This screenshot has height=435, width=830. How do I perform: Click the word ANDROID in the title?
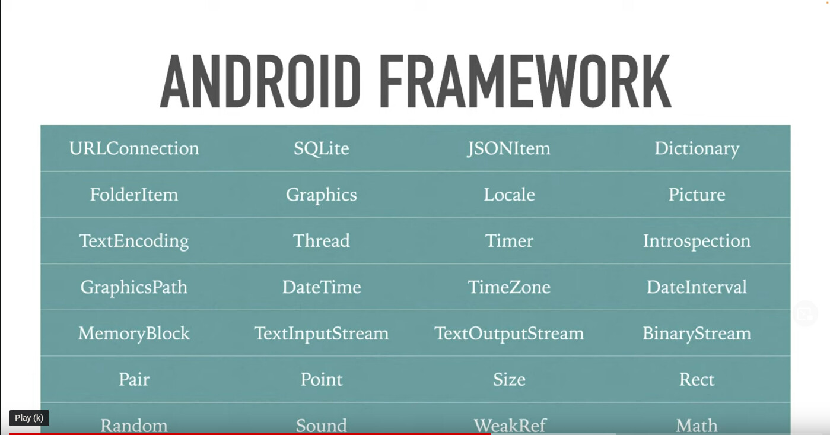(260, 81)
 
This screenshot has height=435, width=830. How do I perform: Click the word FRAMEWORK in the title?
(525, 81)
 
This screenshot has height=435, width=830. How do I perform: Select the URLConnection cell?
(134, 148)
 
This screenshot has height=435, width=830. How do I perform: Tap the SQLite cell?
(321, 149)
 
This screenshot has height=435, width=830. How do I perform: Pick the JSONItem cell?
(509, 149)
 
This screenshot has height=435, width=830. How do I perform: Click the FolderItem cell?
(134, 195)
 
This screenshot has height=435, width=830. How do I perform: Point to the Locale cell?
(509, 195)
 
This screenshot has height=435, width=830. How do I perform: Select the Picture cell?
(697, 195)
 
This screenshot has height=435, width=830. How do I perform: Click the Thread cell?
(321, 241)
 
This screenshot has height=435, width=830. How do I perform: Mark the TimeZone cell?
(509, 287)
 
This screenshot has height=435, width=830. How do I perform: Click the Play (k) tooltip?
(29, 418)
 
